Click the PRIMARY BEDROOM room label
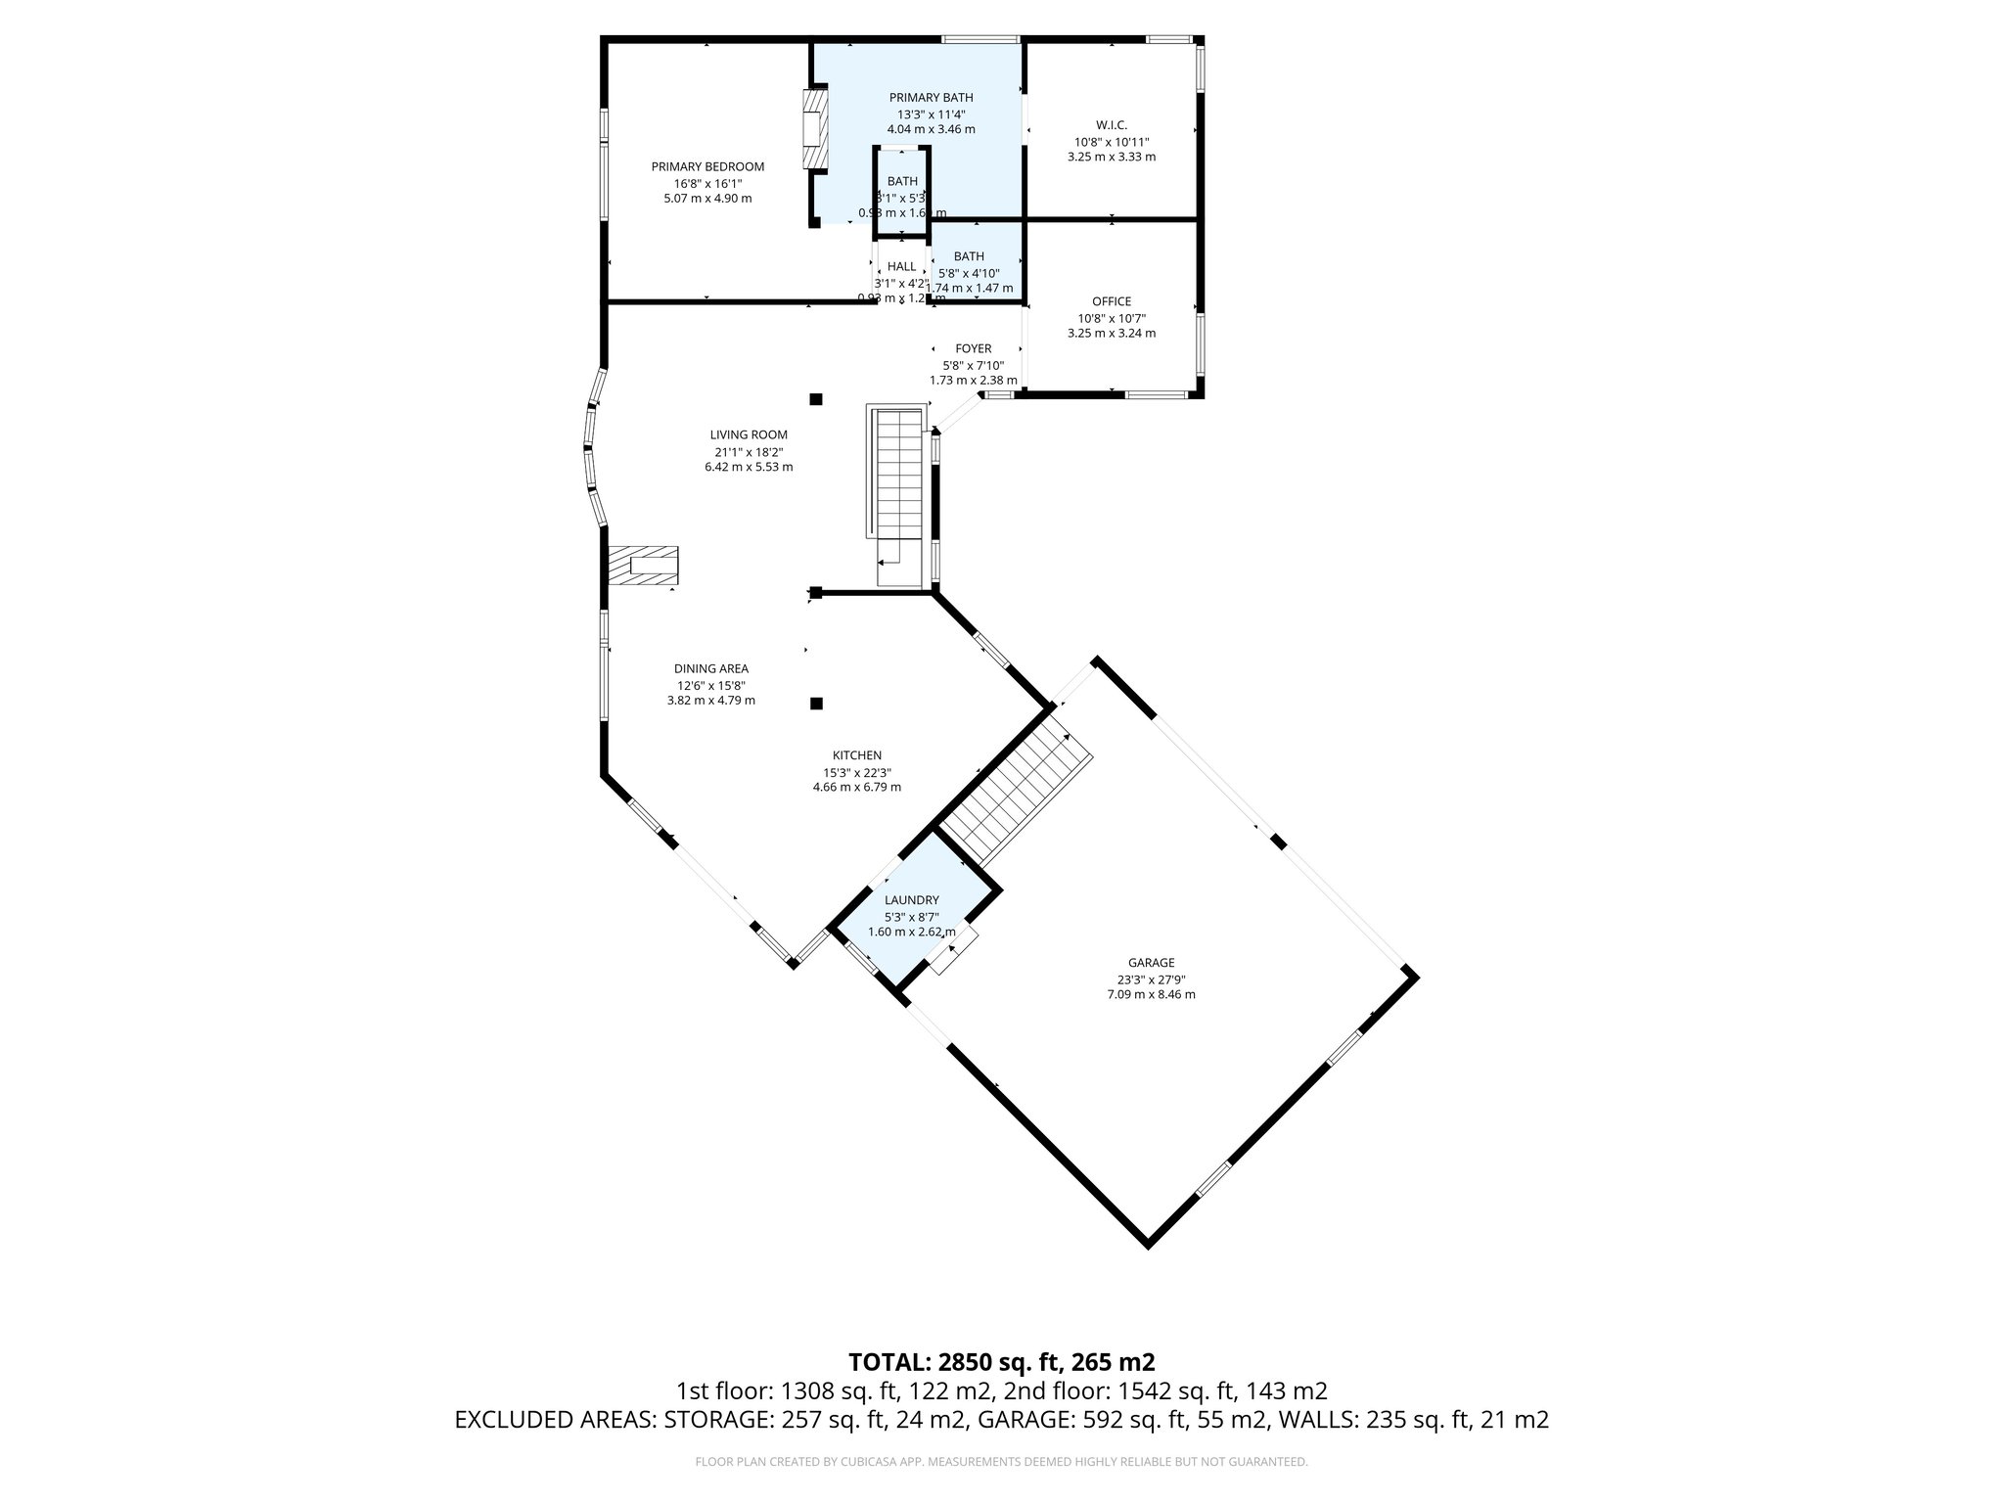coord(707,167)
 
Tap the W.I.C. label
coord(1112,125)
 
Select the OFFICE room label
coord(1112,301)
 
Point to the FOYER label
coord(973,349)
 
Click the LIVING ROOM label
coord(749,435)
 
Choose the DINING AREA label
coord(710,669)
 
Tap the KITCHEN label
coord(856,755)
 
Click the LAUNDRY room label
coord(911,900)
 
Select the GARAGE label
coord(1151,963)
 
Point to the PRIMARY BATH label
coord(931,98)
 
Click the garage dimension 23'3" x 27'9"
coord(1151,979)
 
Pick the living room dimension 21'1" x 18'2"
coord(749,452)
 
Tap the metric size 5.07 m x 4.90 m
coord(707,199)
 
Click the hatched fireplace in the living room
coord(643,566)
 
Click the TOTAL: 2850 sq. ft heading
coord(1001,1361)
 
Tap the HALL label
coord(901,266)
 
